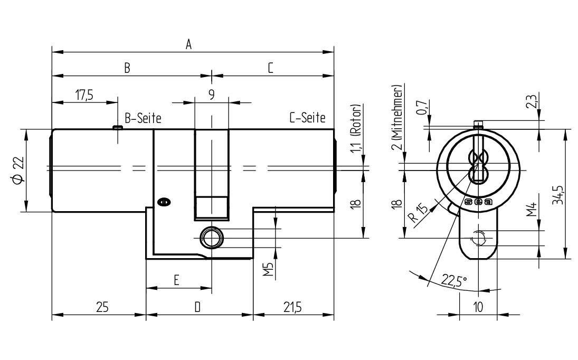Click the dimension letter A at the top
pyautogui.click(x=189, y=44)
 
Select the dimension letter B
pyautogui.click(x=127, y=68)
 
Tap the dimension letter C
pyautogui.click(x=270, y=68)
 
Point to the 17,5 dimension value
pyautogui.click(x=84, y=95)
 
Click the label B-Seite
pyautogui.click(x=143, y=118)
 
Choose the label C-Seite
pyautogui.click(x=307, y=118)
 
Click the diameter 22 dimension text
pyautogui.click(x=18, y=170)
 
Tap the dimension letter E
pyautogui.click(x=177, y=280)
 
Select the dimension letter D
pyautogui.click(x=197, y=307)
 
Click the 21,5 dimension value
pyautogui.click(x=292, y=307)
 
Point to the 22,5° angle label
pyautogui.click(x=454, y=281)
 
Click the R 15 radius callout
pyautogui.click(x=419, y=213)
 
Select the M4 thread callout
pyautogui.click(x=531, y=210)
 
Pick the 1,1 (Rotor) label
pyautogui.click(x=356, y=128)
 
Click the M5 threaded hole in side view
pyautogui.click(x=211, y=238)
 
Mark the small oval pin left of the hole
pyautogui.click(x=164, y=202)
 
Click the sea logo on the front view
pyautogui.click(x=478, y=202)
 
